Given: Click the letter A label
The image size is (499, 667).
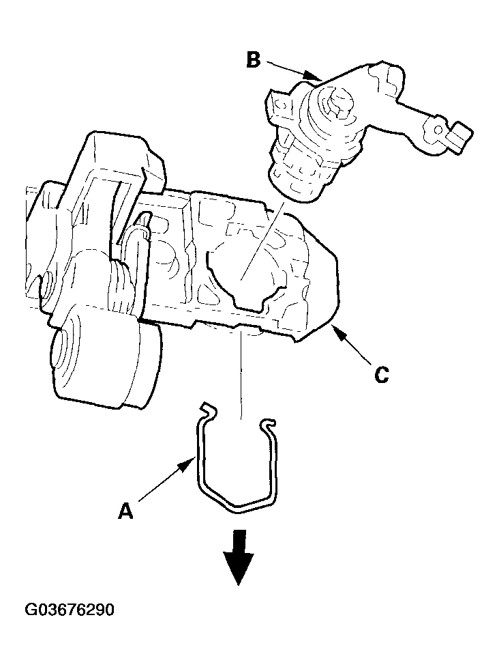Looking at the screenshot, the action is click(125, 511).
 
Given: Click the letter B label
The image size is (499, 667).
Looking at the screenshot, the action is click(254, 60).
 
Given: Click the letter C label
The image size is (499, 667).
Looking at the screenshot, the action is click(381, 375).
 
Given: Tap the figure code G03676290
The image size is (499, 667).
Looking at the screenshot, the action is click(70, 610).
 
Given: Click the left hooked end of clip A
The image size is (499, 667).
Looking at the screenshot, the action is click(208, 409).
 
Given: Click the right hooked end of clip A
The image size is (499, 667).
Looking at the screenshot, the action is click(267, 423).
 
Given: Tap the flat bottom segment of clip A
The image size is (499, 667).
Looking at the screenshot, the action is click(251, 505).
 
